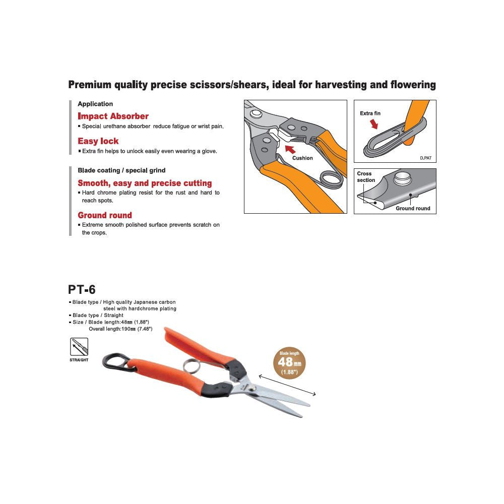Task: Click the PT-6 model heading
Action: [82, 289]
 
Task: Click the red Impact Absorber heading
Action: [113, 116]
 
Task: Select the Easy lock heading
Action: [98, 141]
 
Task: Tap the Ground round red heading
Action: [105, 215]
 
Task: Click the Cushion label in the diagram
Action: [302, 158]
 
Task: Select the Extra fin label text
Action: [370, 113]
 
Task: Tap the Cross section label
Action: [366, 177]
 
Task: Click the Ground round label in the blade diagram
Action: [413, 208]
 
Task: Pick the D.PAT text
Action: [425, 158]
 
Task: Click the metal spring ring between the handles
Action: [191, 366]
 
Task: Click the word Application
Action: [95, 104]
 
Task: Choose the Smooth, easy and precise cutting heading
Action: [145, 183]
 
